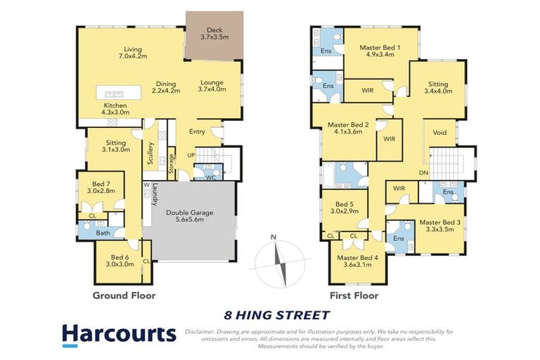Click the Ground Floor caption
pos(124,295)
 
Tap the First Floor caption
pos(355,295)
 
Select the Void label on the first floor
pos(440,131)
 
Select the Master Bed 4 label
pos(361,262)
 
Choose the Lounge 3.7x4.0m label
pos(212,86)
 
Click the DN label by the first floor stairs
pos(423,173)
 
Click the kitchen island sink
pos(115,94)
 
